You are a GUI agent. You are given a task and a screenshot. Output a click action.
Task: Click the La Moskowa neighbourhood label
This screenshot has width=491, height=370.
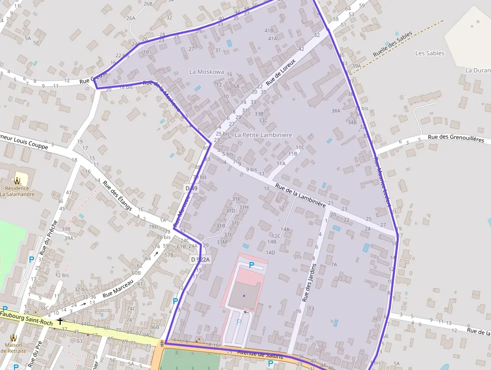tap(206, 72)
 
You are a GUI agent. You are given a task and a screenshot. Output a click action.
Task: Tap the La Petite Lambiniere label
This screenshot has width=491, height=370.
tap(263, 135)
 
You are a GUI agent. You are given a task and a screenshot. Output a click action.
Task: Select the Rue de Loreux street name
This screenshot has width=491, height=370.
tap(281, 72)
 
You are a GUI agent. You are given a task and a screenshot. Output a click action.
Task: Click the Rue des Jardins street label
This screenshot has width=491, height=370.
tap(309, 282)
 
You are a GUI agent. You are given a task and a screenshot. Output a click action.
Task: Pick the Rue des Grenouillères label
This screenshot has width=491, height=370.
tap(456, 138)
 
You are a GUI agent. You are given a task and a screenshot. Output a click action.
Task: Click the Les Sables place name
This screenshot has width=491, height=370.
tap(430, 53)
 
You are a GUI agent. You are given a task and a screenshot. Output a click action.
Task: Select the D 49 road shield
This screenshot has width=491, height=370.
tap(191, 188)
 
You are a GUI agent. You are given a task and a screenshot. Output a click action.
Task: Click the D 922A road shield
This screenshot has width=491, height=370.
tap(200, 259)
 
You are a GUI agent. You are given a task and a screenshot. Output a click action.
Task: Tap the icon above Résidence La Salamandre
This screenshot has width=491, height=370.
tap(17, 180)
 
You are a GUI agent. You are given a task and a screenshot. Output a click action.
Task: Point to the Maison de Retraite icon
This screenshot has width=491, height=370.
tap(14, 337)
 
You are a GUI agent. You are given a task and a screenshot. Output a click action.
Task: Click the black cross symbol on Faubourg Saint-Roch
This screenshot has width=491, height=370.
tap(60, 321)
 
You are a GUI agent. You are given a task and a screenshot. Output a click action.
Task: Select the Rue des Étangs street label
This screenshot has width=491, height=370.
tap(117, 196)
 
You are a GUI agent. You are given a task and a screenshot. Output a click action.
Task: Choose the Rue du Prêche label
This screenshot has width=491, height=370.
tap(49, 237)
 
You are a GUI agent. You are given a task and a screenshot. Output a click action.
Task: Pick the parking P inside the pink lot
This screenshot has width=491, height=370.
tap(252, 265)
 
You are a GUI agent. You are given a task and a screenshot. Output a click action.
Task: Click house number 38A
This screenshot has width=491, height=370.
tap(336, 110)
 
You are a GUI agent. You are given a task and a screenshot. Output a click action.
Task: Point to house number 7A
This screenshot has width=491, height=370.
tap(334, 264)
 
